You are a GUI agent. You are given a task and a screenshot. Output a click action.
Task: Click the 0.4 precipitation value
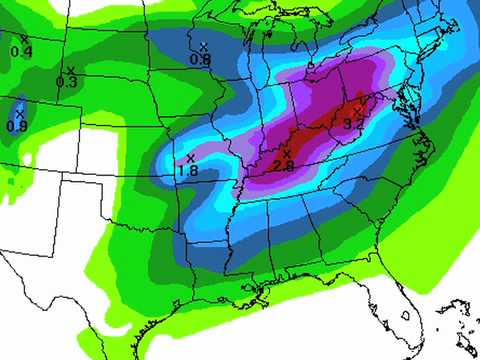(21, 52)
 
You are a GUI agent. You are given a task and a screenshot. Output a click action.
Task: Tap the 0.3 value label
(67, 81)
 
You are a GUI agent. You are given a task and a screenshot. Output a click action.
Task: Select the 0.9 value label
(17, 126)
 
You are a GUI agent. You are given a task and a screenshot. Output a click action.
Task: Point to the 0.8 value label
(200, 60)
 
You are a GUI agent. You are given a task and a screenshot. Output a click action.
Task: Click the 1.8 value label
(187, 171)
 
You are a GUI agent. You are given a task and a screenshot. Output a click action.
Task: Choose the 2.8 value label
(283, 167)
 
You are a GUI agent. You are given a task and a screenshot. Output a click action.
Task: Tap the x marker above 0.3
(70, 69)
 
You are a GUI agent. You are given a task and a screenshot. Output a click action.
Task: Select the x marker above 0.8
(203, 47)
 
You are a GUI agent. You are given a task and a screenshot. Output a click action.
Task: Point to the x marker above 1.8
(189, 157)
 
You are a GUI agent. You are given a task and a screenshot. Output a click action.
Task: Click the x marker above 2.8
(287, 154)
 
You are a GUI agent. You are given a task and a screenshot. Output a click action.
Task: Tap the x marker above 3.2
(358, 109)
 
